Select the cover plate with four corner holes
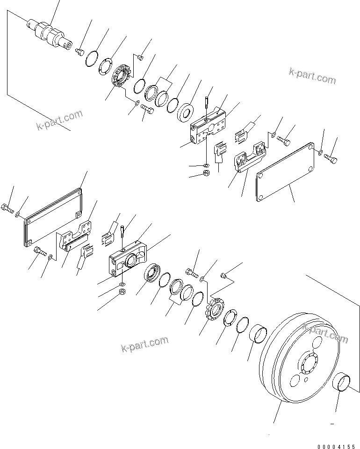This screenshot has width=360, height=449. tap(285, 172)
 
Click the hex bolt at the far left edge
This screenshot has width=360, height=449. tap(8, 208)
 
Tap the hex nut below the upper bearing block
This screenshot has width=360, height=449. tap(207, 173)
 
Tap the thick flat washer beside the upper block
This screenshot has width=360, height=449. tap(186, 112)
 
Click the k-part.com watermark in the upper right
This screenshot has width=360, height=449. tap(312, 76)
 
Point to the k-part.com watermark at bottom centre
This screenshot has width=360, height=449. tap(144, 344)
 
